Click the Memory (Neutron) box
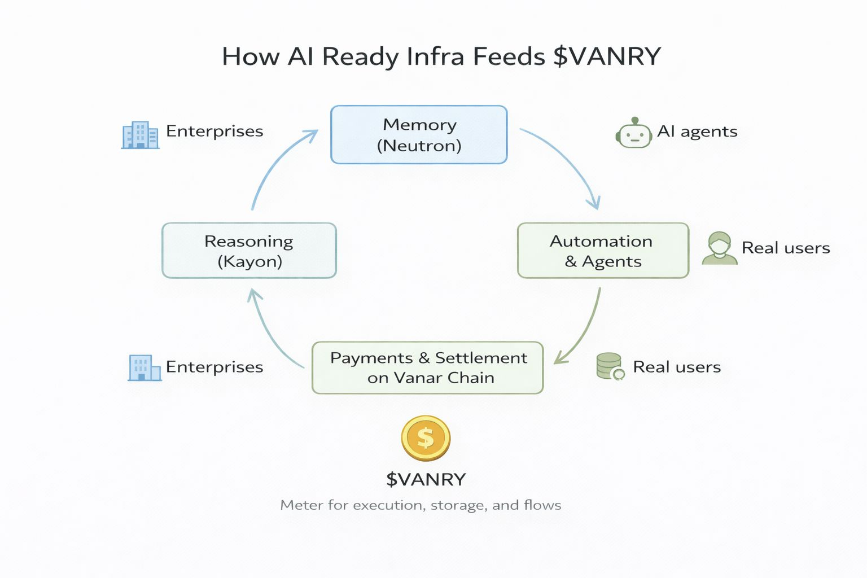tap(419, 135)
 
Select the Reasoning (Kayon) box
tap(249, 251)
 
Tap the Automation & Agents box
tap(603, 251)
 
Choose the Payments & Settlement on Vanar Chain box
tap(427, 367)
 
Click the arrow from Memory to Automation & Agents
tap(570, 158)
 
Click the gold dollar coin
tap(426, 438)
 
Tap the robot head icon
tap(633, 134)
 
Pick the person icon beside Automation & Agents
tap(719, 248)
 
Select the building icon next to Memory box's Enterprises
tap(140, 135)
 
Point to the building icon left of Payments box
tap(144, 367)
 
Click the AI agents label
tap(697, 132)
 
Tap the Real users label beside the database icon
tap(677, 367)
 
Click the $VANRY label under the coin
tap(426, 479)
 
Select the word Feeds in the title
tap(509, 56)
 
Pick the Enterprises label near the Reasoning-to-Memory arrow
tap(214, 131)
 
